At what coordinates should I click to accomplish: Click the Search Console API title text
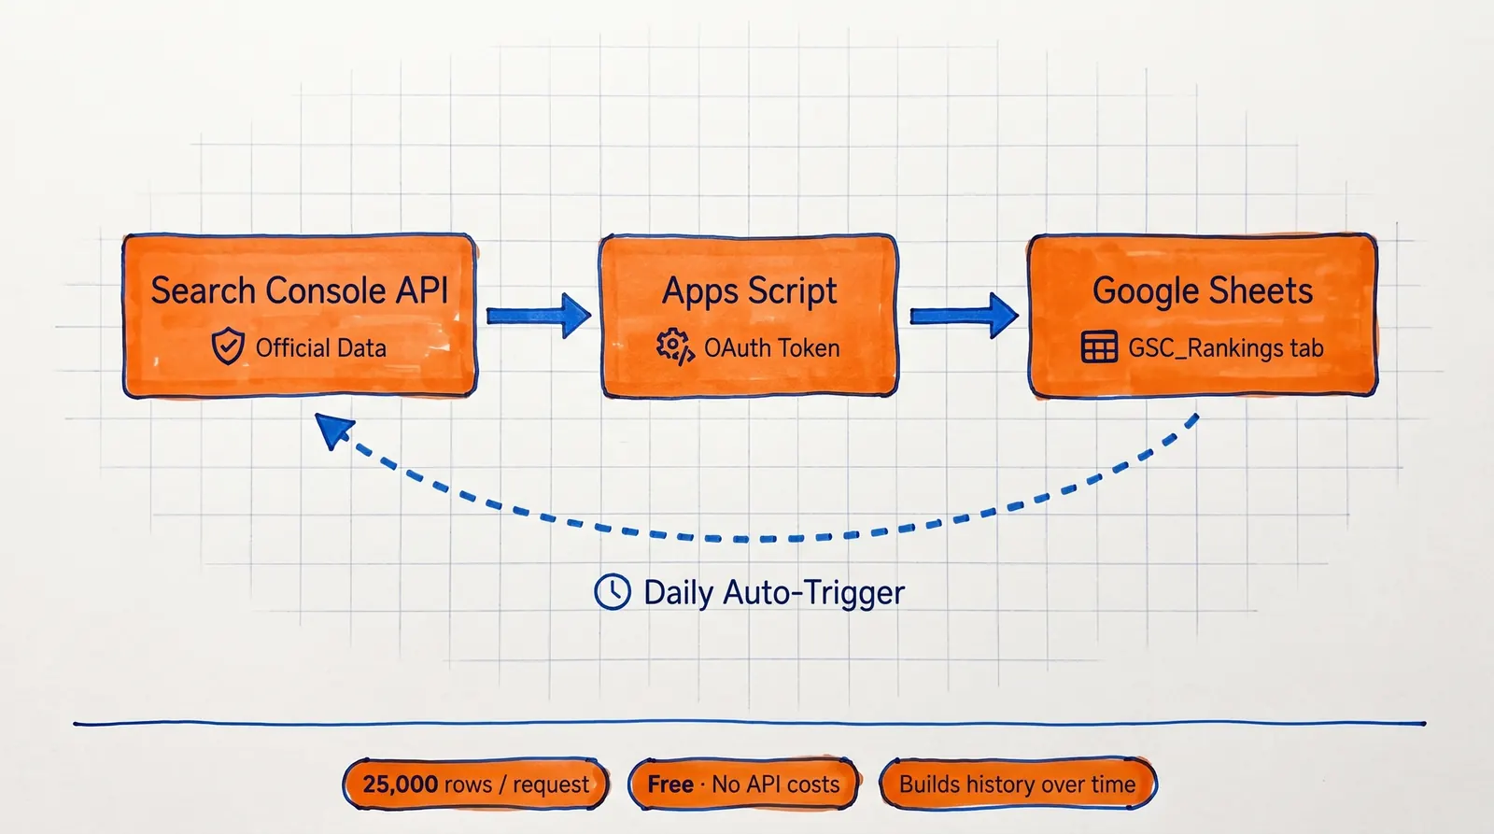(300, 290)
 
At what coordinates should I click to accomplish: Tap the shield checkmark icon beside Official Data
(228, 346)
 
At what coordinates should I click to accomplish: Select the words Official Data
(320, 348)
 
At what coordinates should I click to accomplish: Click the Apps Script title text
(749, 291)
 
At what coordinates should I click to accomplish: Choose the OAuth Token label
(771, 348)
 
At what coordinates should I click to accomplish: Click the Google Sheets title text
(1203, 291)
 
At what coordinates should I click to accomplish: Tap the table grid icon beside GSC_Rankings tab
(1099, 347)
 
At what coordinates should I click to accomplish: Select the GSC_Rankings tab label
(1225, 348)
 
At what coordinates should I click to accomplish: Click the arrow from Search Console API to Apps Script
(539, 316)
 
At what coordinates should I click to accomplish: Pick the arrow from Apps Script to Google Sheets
(964, 316)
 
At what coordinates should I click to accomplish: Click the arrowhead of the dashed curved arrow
(332, 431)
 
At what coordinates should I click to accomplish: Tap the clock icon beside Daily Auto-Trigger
(613, 592)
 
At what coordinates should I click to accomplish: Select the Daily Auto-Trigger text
(774, 593)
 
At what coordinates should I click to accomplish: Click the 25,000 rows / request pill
(476, 785)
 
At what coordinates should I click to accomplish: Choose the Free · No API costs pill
(743, 785)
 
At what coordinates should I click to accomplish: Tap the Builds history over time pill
(1017, 785)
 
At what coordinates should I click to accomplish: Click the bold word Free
(670, 785)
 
